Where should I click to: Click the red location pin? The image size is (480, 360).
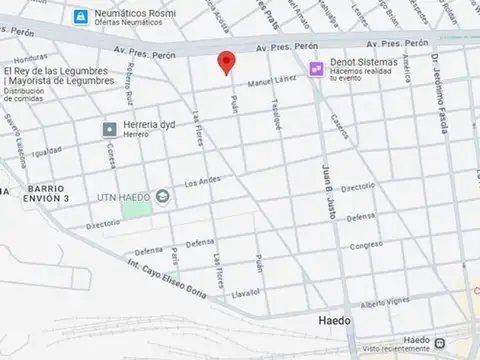(x=227, y=61)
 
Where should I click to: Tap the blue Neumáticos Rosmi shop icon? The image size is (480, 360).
(x=79, y=15)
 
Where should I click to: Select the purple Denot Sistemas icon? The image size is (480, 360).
(x=316, y=68)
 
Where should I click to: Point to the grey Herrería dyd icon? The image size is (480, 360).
(x=109, y=128)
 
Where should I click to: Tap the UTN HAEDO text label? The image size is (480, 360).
(x=125, y=196)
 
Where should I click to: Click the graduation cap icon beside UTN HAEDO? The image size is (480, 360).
(x=161, y=196)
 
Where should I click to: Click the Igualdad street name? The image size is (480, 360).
(x=47, y=153)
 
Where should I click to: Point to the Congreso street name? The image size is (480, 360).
(x=366, y=243)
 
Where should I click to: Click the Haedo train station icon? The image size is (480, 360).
(x=440, y=342)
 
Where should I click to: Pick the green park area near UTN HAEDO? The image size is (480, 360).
(x=140, y=212)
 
